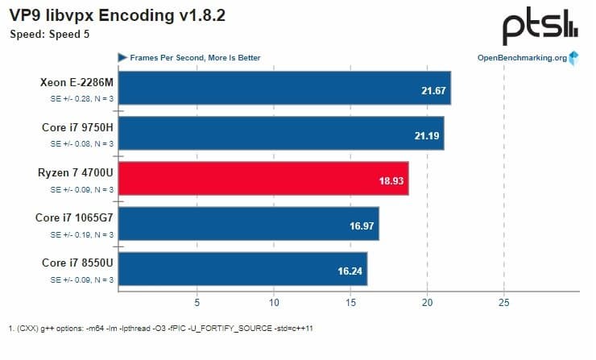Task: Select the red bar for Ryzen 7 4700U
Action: (x=263, y=178)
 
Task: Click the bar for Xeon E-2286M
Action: (x=284, y=88)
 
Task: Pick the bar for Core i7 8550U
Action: (x=242, y=268)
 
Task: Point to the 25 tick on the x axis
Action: (x=503, y=303)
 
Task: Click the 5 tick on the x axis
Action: (x=196, y=303)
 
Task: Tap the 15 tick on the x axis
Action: (x=350, y=303)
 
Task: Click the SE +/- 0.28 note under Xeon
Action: (x=82, y=98)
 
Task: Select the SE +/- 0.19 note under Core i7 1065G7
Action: (x=82, y=234)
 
